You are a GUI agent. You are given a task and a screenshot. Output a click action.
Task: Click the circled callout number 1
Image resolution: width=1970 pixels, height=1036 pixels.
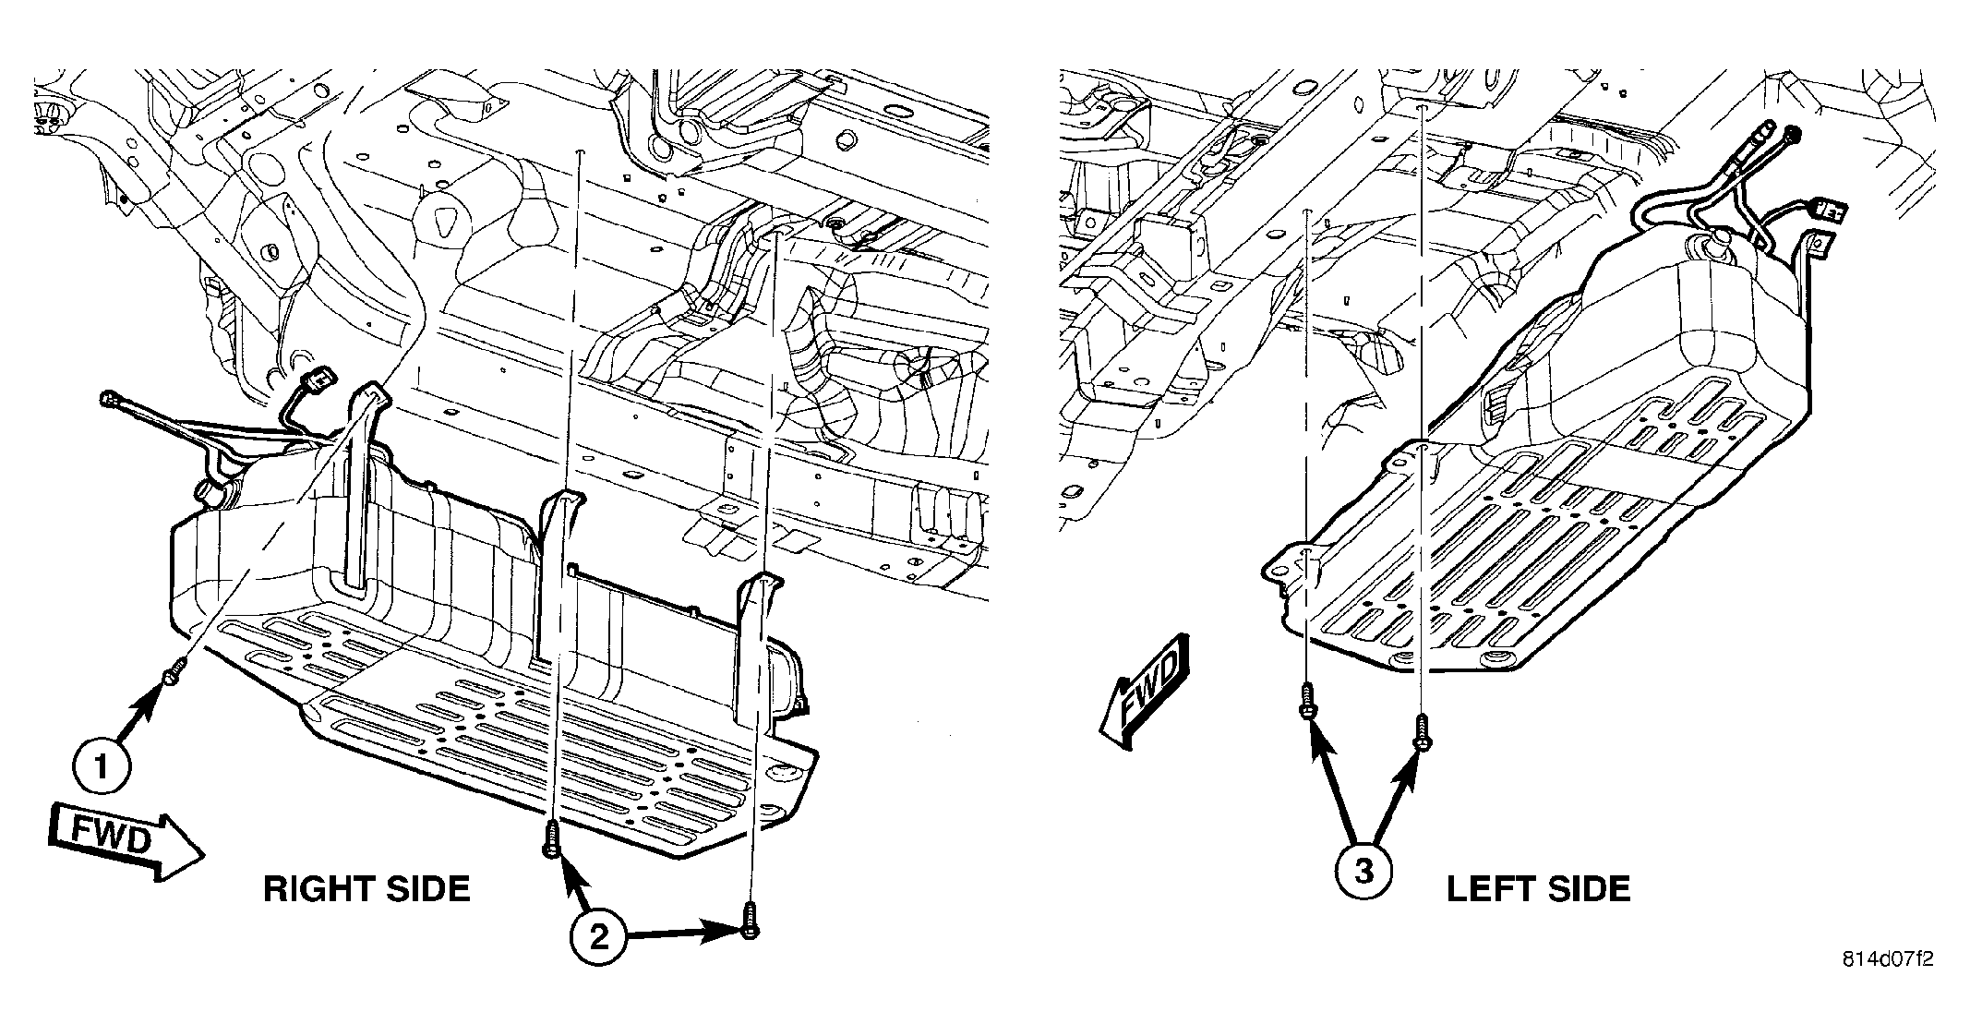click(102, 765)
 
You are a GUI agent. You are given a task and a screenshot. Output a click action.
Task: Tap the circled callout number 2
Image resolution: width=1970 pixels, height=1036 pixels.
click(598, 937)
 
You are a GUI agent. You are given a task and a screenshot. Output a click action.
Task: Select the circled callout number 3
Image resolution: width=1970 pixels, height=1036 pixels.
click(1364, 871)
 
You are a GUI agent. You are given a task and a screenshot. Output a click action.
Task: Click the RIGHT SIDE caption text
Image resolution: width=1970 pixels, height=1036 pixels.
click(366, 889)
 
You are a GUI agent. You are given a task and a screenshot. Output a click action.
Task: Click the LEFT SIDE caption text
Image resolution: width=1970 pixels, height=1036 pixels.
click(1538, 889)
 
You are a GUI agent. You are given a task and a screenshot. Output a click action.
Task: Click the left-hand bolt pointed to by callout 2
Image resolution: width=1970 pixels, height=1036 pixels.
click(552, 838)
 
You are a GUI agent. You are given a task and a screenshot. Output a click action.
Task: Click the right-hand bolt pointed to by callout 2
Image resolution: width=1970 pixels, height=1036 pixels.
click(750, 921)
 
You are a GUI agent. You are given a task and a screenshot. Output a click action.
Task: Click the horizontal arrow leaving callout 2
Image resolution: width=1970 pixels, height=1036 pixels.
click(674, 935)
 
